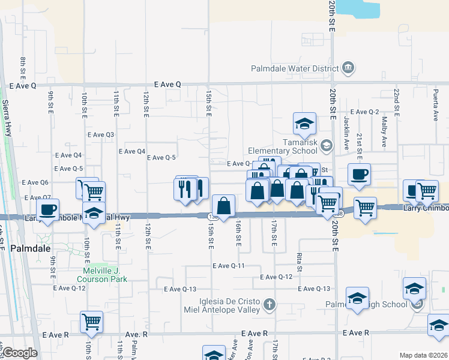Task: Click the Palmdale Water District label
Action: pos(295,68)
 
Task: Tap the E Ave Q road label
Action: pos(167,85)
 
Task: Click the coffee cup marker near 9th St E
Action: pos(48,210)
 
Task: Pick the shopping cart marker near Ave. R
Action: pos(91,322)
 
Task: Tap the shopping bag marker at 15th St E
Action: pos(223,206)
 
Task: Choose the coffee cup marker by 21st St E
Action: pos(359,174)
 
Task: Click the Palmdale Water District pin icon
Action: pos(348,68)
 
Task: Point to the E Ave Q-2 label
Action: pos(365,112)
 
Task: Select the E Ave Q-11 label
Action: pos(228,265)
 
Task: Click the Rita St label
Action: pos(299,259)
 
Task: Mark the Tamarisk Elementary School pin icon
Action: pos(326,145)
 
